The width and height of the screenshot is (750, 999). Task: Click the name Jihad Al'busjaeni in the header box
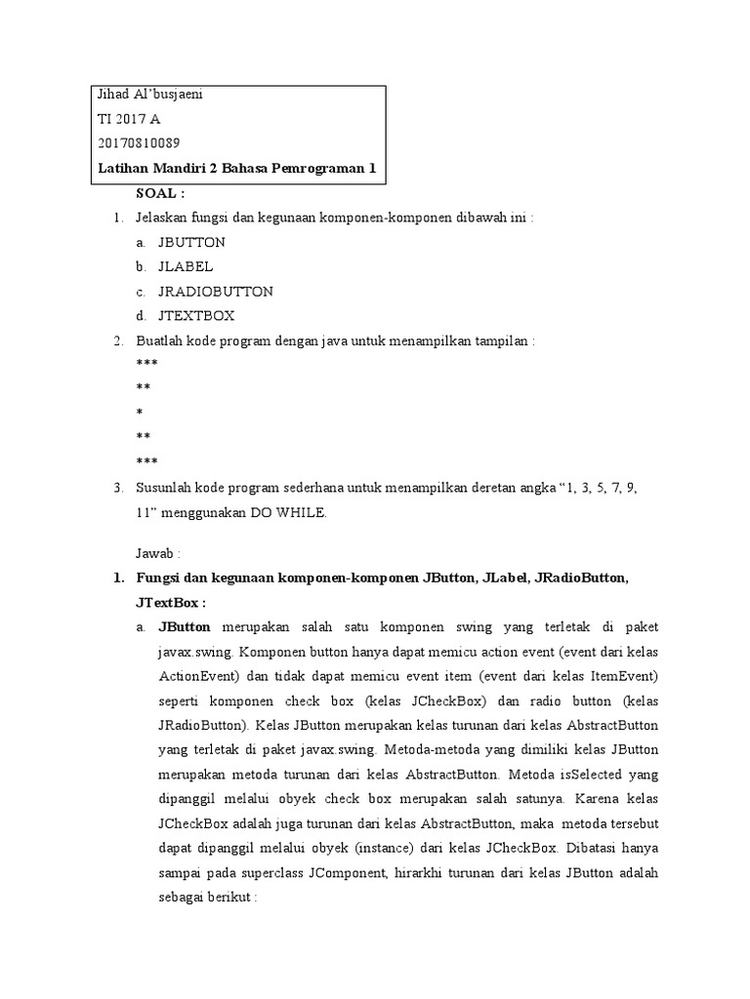coord(150,95)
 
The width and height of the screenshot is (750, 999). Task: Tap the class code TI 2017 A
coord(130,119)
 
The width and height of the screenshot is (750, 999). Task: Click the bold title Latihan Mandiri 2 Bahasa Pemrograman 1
coord(237,168)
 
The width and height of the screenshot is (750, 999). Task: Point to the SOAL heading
coord(160,192)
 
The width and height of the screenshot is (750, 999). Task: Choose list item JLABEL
coord(186,266)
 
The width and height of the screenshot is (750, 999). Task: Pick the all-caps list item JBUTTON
coord(191,242)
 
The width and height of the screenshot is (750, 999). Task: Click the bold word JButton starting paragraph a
coord(187,627)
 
